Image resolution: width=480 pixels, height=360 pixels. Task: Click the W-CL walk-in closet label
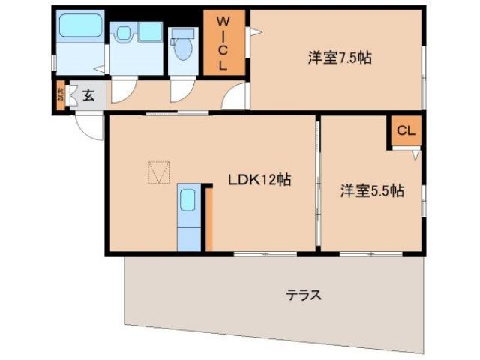223,43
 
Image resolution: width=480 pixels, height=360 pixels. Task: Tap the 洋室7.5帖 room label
339,57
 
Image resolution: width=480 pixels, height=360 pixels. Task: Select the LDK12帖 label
259,180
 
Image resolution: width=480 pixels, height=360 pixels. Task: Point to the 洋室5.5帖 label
372,191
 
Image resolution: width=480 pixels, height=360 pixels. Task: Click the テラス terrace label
304,295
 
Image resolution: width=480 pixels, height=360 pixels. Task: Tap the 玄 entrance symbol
88,95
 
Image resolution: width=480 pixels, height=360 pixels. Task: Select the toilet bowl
182,49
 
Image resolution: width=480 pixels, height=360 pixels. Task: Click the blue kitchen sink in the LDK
187,202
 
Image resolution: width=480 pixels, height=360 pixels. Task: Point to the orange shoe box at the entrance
60,96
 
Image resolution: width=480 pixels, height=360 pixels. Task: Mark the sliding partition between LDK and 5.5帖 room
318,184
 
